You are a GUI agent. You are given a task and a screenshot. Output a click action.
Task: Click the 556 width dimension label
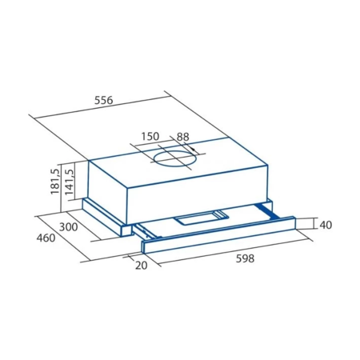(104, 100)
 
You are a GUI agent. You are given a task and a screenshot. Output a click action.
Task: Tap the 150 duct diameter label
(150, 136)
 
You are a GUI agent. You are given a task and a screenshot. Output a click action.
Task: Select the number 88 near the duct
(183, 137)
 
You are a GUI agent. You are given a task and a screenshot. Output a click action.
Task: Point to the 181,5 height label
(55, 182)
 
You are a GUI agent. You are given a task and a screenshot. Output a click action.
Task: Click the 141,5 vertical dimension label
(69, 182)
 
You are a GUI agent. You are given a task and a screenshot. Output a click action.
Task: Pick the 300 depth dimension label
(68, 227)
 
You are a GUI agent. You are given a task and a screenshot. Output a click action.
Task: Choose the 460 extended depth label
(46, 238)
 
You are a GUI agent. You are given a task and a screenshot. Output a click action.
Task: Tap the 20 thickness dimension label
(141, 265)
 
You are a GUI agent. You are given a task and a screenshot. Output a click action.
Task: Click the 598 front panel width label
(245, 258)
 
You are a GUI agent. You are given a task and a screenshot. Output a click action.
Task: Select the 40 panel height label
(326, 225)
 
